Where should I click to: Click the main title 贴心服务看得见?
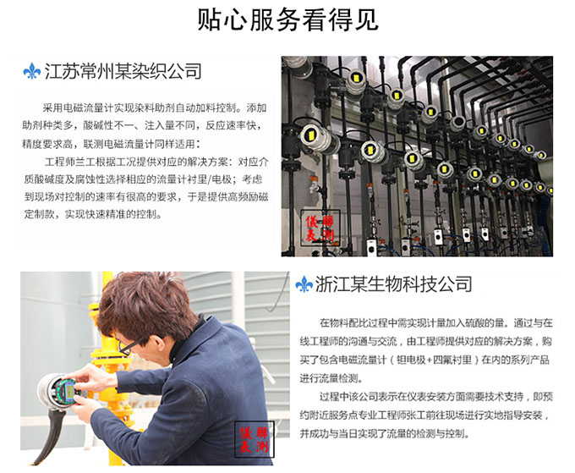[287, 19]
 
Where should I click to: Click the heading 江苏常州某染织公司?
[123, 71]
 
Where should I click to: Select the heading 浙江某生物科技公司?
[393, 283]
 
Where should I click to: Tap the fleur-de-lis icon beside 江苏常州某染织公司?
[33, 71]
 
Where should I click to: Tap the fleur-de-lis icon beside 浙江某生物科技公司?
[304, 283]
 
